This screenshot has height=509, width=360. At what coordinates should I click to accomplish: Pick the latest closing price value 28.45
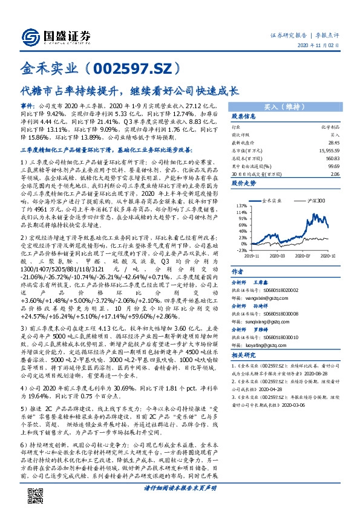click(332, 142)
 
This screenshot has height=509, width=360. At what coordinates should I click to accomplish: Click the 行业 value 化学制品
click(329, 128)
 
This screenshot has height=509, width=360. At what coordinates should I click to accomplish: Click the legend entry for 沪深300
click(317, 199)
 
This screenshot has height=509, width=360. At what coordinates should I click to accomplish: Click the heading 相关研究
click(244, 355)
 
